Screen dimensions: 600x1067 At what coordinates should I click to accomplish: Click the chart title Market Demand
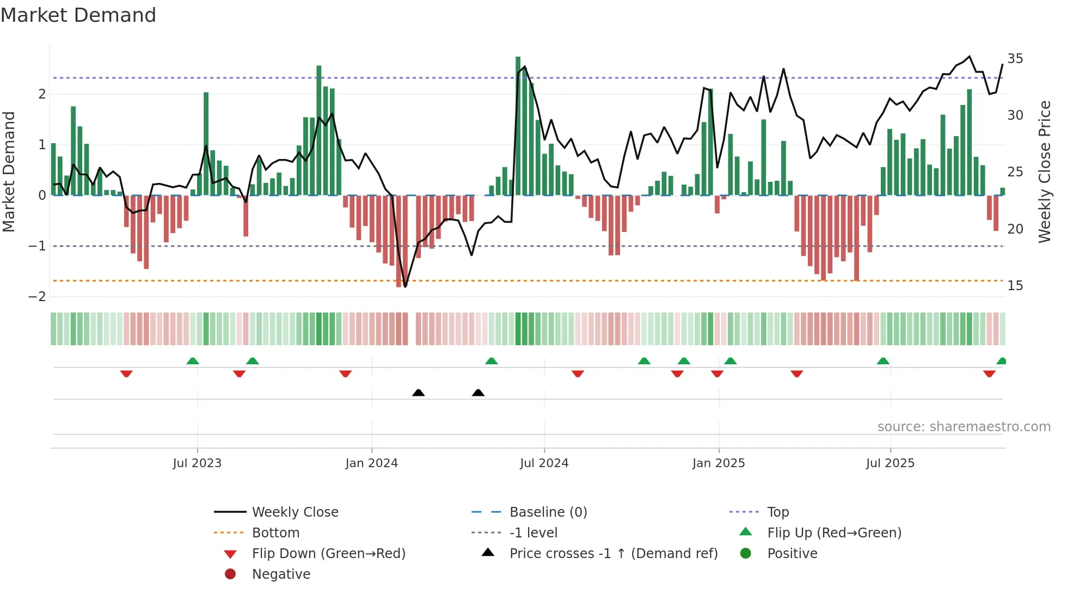pos(78,15)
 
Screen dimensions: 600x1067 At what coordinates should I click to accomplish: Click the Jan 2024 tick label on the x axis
pos(371,463)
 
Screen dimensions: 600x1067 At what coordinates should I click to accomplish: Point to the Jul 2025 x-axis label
pos(890,463)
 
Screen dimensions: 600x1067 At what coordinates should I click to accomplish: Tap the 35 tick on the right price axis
pos(1015,59)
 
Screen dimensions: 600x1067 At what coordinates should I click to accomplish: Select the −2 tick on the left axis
pos(37,297)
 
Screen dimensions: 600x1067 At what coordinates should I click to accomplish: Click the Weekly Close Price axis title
pos(1044,172)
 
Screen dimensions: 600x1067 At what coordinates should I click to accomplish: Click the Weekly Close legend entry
pos(295,512)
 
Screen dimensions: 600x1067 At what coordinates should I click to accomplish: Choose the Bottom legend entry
pos(275,533)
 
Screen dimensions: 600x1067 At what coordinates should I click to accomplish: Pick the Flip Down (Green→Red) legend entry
pos(328,554)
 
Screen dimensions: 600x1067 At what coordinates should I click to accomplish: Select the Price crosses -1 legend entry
pos(613,554)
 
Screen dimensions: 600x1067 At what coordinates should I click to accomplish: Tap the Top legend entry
pos(777,512)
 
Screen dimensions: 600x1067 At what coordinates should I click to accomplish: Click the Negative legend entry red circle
pos(230,574)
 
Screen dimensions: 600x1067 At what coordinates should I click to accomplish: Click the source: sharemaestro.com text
pos(964,427)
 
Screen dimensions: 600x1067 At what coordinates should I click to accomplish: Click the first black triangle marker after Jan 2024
pos(418,393)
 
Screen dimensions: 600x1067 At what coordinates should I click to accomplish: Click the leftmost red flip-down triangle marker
pos(126,374)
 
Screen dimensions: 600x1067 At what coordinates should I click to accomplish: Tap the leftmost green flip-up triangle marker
pos(193,361)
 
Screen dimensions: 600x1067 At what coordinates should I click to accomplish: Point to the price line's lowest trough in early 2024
pos(405,286)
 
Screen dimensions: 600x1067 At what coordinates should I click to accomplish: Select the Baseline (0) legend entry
pos(548,512)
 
